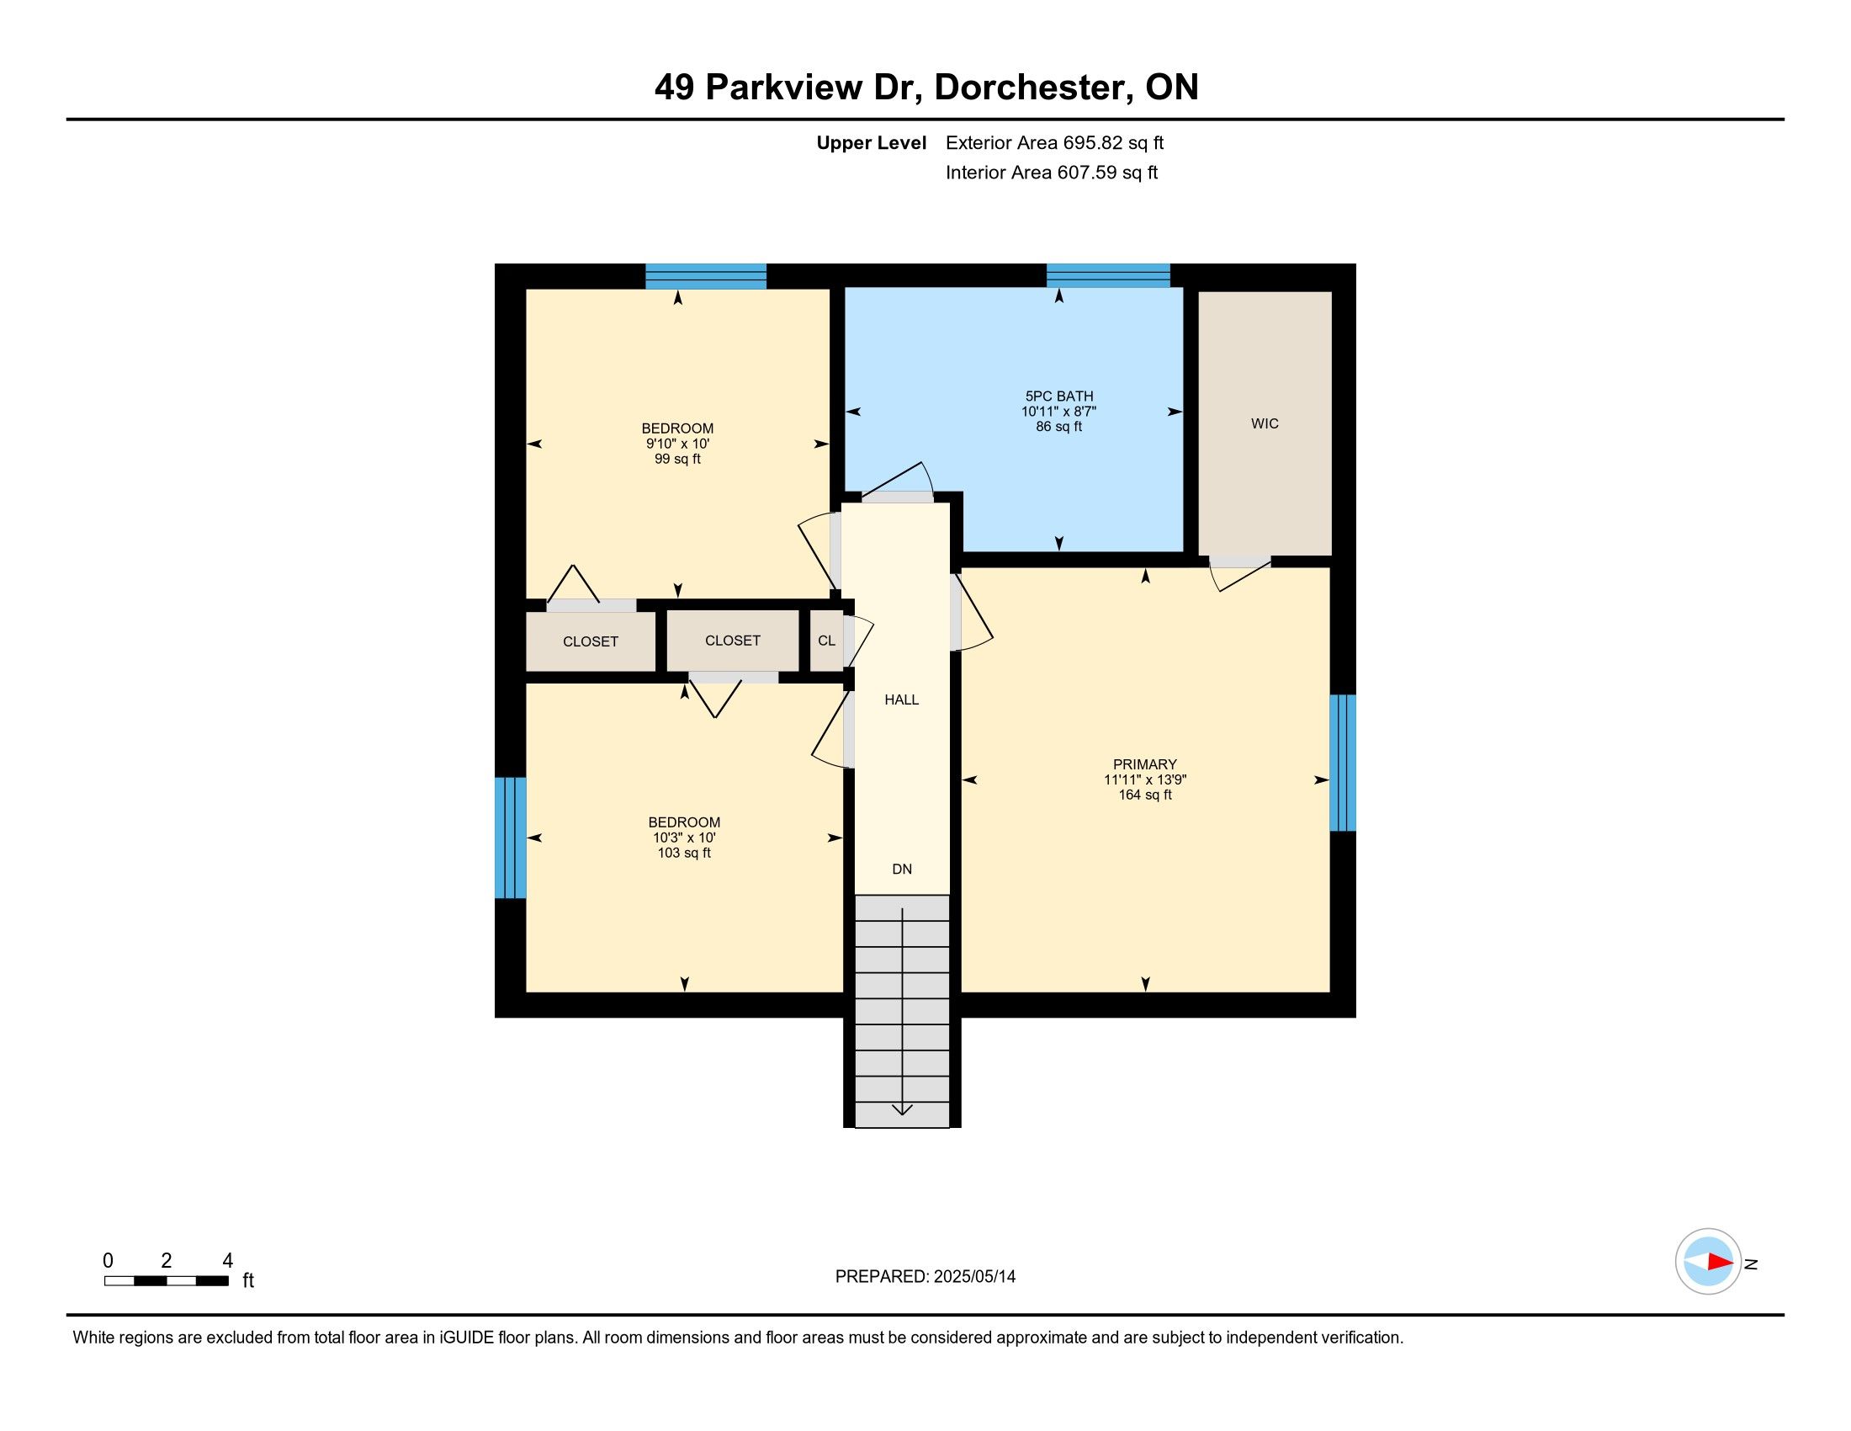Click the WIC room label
pyautogui.click(x=1265, y=424)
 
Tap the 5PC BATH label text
pyautogui.click(x=1058, y=396)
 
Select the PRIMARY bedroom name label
pyautogui.click(x=1145, y=764)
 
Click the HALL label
pyautogui.click(x=902, y=700)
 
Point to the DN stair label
pyautogui.click(x=902, y=869)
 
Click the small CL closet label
pyautogui.click(x=826, y=641)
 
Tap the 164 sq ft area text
pyautogui.click(x=1145, y=795)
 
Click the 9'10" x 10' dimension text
pyautogui.click(x=677, y=444)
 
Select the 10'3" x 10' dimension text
pyautogui.click(x=684, y=838)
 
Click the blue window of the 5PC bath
pyautogui.click(x=1108, y=275)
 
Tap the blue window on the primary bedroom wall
pyautogui.click(x=1343, y=763)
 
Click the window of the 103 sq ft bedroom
pyautogui.click(x=510, y=838)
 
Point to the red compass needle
pyautogui.click(x=1721, y=1263)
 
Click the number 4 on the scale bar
pyautogui.click(x=227, y=1261)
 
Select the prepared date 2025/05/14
pyautogui.click(x=974, y=1277)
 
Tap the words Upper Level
pyautogui.click(x=872, y=143)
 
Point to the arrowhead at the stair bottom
pyautogui.click(x=902, y=1109)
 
